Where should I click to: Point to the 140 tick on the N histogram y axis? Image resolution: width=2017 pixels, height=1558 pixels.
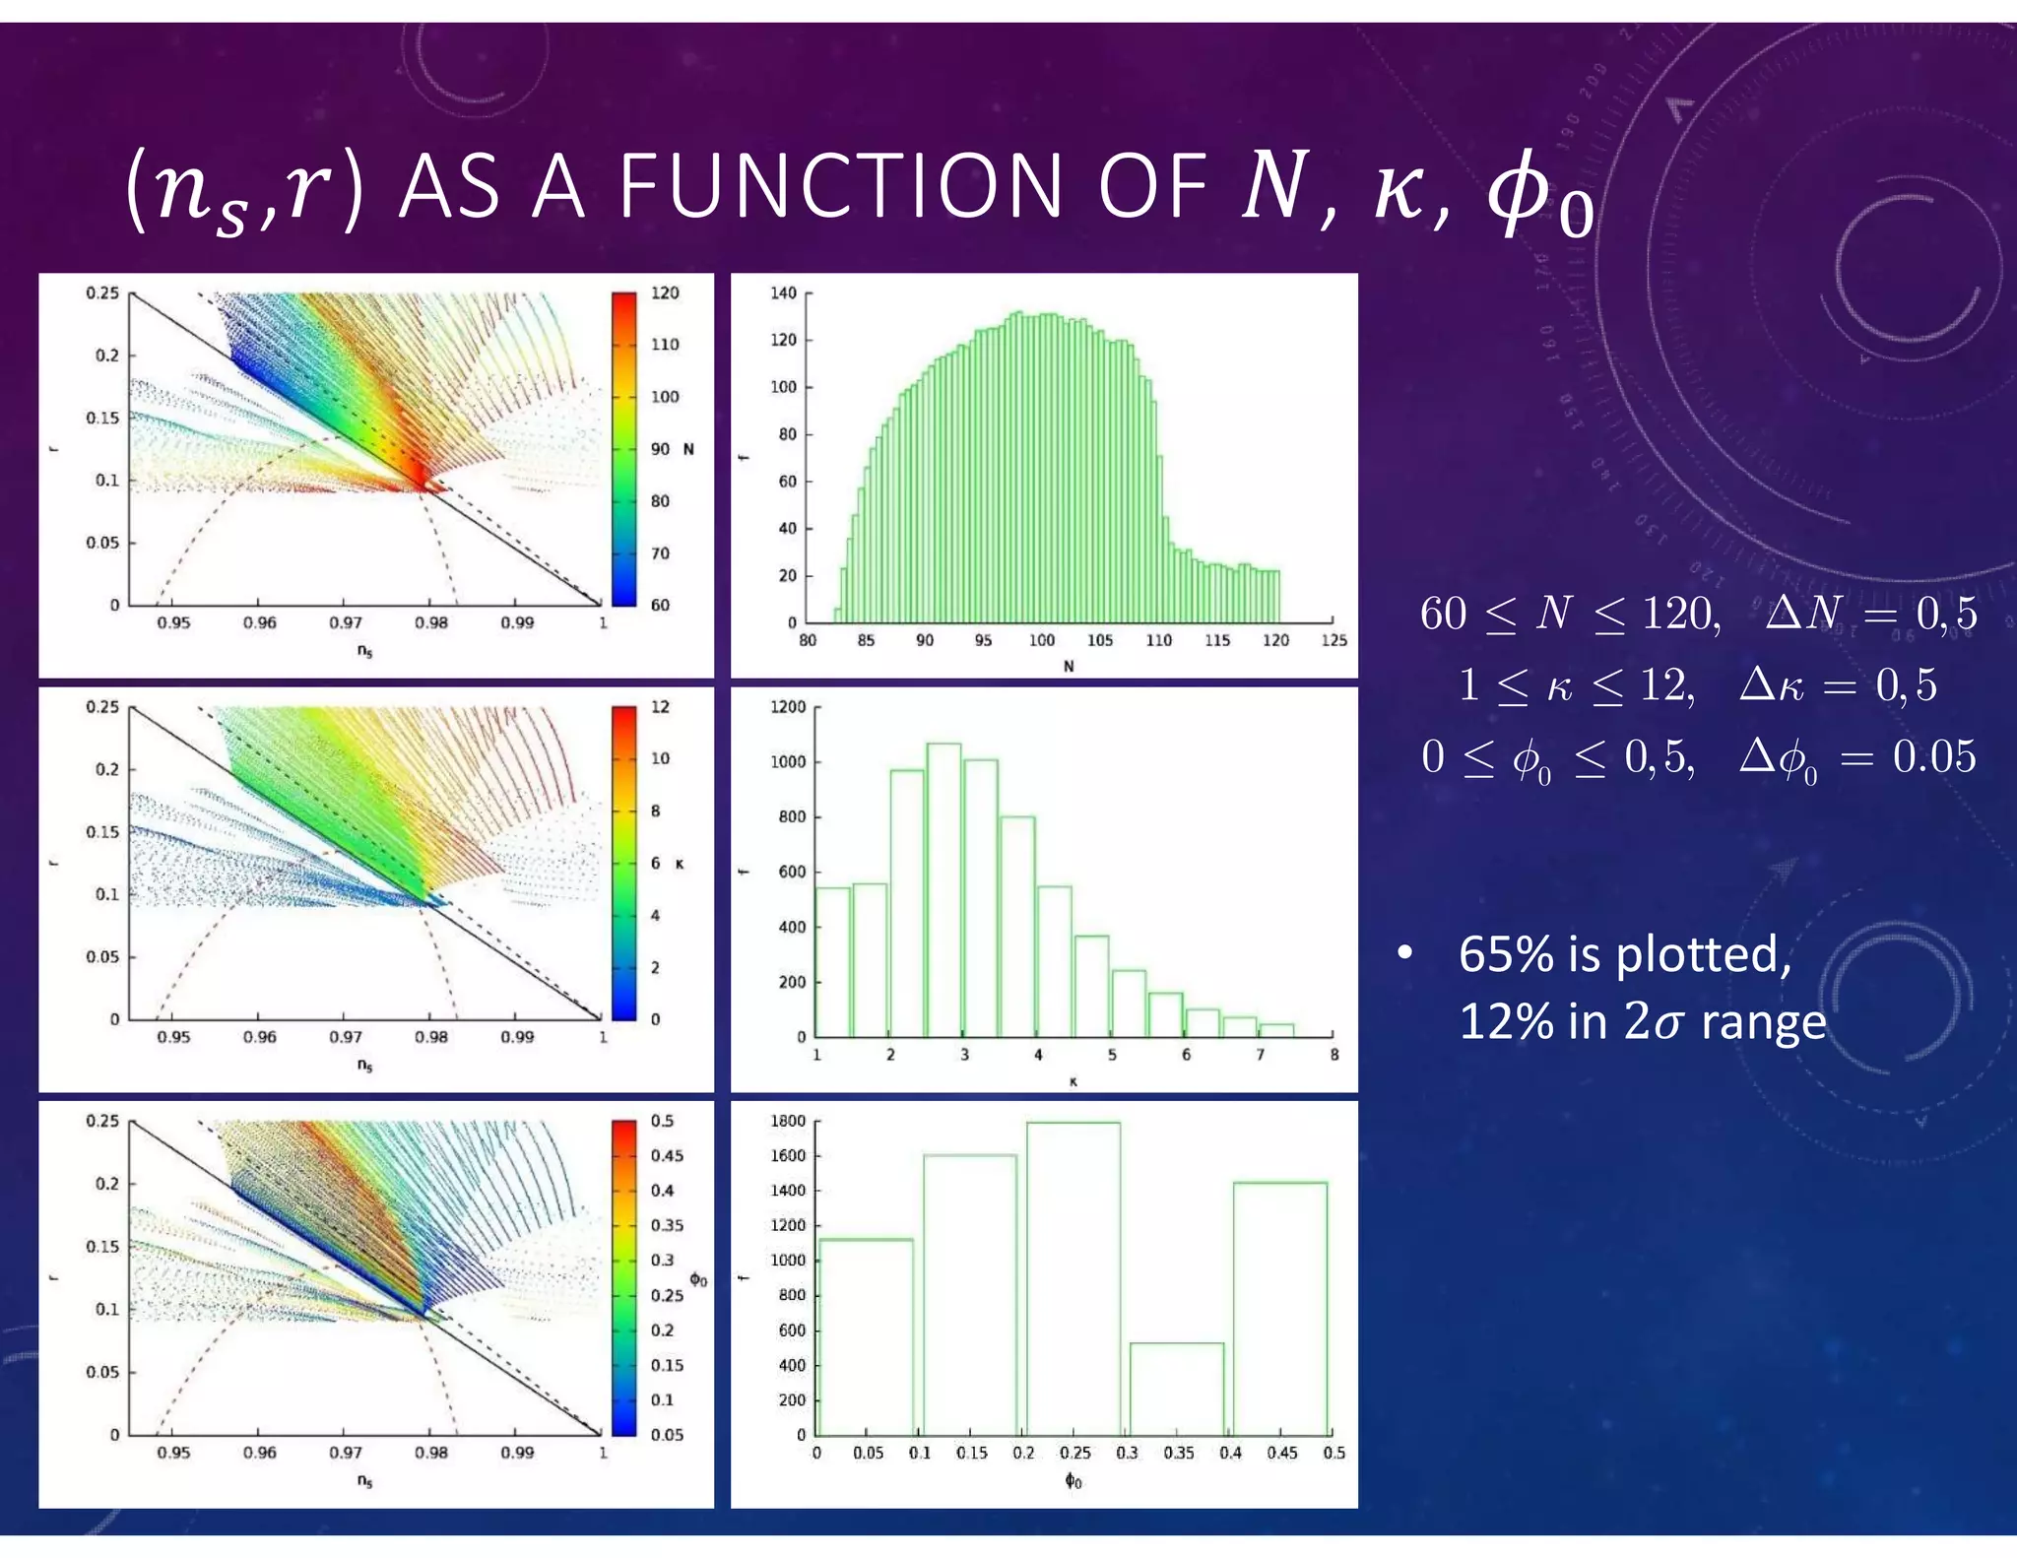click(x=784, y=293)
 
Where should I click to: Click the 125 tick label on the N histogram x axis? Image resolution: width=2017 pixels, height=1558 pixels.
click(x=1334, y=640)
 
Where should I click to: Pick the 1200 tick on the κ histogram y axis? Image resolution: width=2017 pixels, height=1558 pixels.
click(x=788, y=707)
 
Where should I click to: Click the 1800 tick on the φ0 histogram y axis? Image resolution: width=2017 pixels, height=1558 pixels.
click(x=788, y=1121)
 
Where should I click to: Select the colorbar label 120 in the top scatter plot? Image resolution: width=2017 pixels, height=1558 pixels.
click(x=665, y=293)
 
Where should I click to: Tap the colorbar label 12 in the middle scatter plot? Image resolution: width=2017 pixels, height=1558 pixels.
click(x=660, y=707)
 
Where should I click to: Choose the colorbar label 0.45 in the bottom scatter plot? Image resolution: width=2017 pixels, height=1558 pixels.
click(x=667, y=1155)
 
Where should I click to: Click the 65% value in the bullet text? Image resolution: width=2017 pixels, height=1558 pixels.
click(x=1501, y=954)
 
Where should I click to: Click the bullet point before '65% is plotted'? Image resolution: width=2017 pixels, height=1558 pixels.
click(x=1405, y=953)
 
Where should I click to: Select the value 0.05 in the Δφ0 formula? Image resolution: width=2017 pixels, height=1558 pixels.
click(x=1933, y=756)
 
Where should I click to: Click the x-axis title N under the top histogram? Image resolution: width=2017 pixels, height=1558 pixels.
click(x=1069, y=667)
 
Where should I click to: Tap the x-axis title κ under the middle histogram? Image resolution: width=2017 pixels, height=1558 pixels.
click(x=1073, y=1081)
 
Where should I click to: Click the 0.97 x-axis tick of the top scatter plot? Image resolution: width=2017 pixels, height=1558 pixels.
click(x=345, y=622)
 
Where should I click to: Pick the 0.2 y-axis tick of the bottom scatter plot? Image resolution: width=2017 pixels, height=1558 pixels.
click(x=106, y=1183)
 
